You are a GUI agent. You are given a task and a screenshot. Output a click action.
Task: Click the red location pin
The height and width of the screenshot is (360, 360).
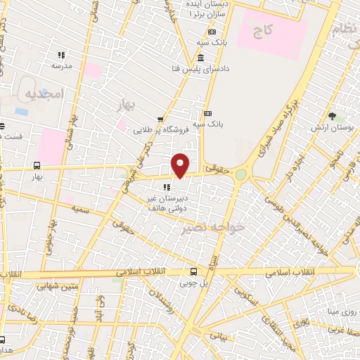click(x=181, y=165)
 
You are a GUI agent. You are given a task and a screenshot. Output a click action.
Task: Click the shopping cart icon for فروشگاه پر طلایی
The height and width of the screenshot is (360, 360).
click(x=161, y=119)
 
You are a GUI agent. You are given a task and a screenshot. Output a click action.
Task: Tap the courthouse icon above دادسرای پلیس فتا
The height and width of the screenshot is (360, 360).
click(x=201, y=58)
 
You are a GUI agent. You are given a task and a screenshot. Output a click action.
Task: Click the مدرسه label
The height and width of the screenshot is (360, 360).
click(x=62, y=66)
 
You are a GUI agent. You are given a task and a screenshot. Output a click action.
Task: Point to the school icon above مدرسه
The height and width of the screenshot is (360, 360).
click(x=61, y=54)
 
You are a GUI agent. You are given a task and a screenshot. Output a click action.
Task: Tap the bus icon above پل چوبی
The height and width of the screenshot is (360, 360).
click(x=194, y=272)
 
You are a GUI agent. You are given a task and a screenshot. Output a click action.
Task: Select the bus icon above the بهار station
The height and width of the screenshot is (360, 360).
click(x=36, y=166)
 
